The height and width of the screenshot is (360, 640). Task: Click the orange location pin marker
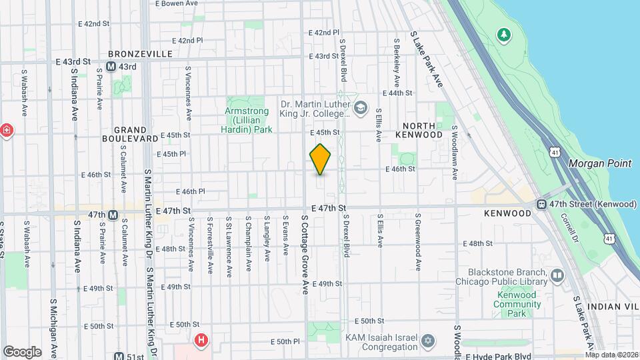[321, 159]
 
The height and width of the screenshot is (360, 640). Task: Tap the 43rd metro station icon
[111, 67]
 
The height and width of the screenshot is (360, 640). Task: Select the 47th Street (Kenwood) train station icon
[543, 203]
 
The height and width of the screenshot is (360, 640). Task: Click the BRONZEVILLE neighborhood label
[140, 53]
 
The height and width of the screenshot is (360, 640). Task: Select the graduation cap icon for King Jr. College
[361, 108]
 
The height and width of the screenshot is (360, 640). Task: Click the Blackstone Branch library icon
[557, 275]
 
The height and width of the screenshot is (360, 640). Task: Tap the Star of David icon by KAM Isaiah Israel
[429, 341]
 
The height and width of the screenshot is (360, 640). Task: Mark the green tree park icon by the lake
[505, 33]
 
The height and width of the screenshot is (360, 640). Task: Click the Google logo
[22, 351]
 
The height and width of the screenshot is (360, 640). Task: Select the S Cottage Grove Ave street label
[306, 254]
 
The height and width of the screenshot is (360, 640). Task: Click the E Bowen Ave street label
[177, 3]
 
